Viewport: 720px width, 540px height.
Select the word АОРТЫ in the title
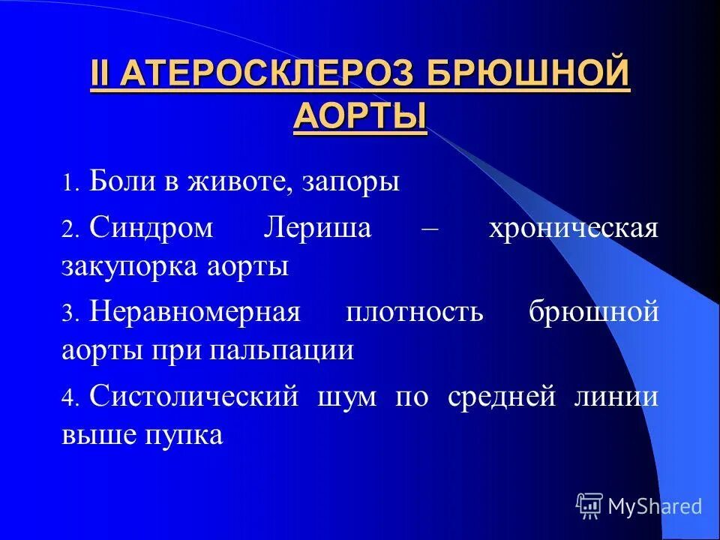[x=360, y=117]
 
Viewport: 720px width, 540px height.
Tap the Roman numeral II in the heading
[x=100, y=77]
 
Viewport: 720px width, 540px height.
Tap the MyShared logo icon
[x=589, y=506]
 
